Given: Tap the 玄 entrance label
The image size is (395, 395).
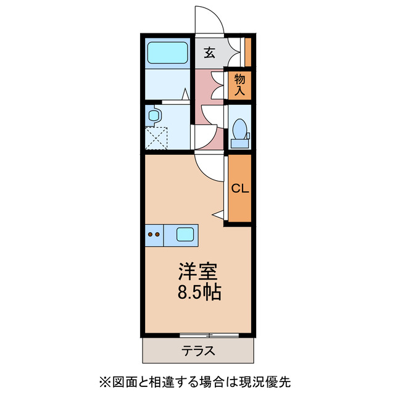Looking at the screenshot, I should (210, 53).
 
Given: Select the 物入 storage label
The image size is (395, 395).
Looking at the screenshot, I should (239, 85).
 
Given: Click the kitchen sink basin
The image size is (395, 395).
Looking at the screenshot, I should (185, 234).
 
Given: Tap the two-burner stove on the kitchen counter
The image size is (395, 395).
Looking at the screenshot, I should (154, 234).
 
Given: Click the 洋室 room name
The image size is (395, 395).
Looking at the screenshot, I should (197, 270).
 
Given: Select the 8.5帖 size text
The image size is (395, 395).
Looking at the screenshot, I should (197, 291).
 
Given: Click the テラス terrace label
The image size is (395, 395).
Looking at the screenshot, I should (198, 351).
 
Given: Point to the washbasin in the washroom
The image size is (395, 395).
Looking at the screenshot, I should (154, 115).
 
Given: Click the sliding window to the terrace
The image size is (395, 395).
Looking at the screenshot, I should (209, 335).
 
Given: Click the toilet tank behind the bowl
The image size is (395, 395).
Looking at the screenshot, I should (239, 143).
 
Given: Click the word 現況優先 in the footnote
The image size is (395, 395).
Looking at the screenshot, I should (278, 381).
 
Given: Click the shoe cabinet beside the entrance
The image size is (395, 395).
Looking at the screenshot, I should (248, 52).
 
